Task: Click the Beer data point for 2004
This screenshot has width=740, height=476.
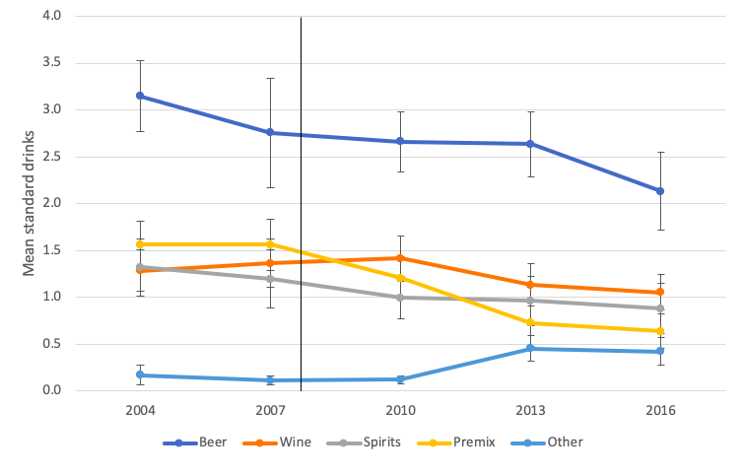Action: (140, 96)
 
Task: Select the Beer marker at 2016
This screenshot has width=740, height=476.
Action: (660, 191)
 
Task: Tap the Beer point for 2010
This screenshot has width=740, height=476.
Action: (400, 141)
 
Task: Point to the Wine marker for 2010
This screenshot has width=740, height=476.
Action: (400, 258)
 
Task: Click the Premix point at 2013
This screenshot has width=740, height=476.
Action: (530, 322)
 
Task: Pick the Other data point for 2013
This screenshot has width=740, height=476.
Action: (530, 349)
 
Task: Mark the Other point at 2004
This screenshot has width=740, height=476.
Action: (140, 374)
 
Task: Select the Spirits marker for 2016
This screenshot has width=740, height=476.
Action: (660, 307)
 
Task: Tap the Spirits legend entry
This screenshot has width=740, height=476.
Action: (370, 442)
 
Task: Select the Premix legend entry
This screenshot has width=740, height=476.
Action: (462, 442)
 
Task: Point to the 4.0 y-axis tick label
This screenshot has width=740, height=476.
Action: (52, 17)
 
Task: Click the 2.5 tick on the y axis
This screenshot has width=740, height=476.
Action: (52, 157)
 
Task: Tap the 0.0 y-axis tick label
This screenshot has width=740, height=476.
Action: (52, 391)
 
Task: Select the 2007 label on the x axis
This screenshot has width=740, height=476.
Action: (270, 410)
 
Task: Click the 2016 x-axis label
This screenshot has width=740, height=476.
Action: (660, 410)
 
